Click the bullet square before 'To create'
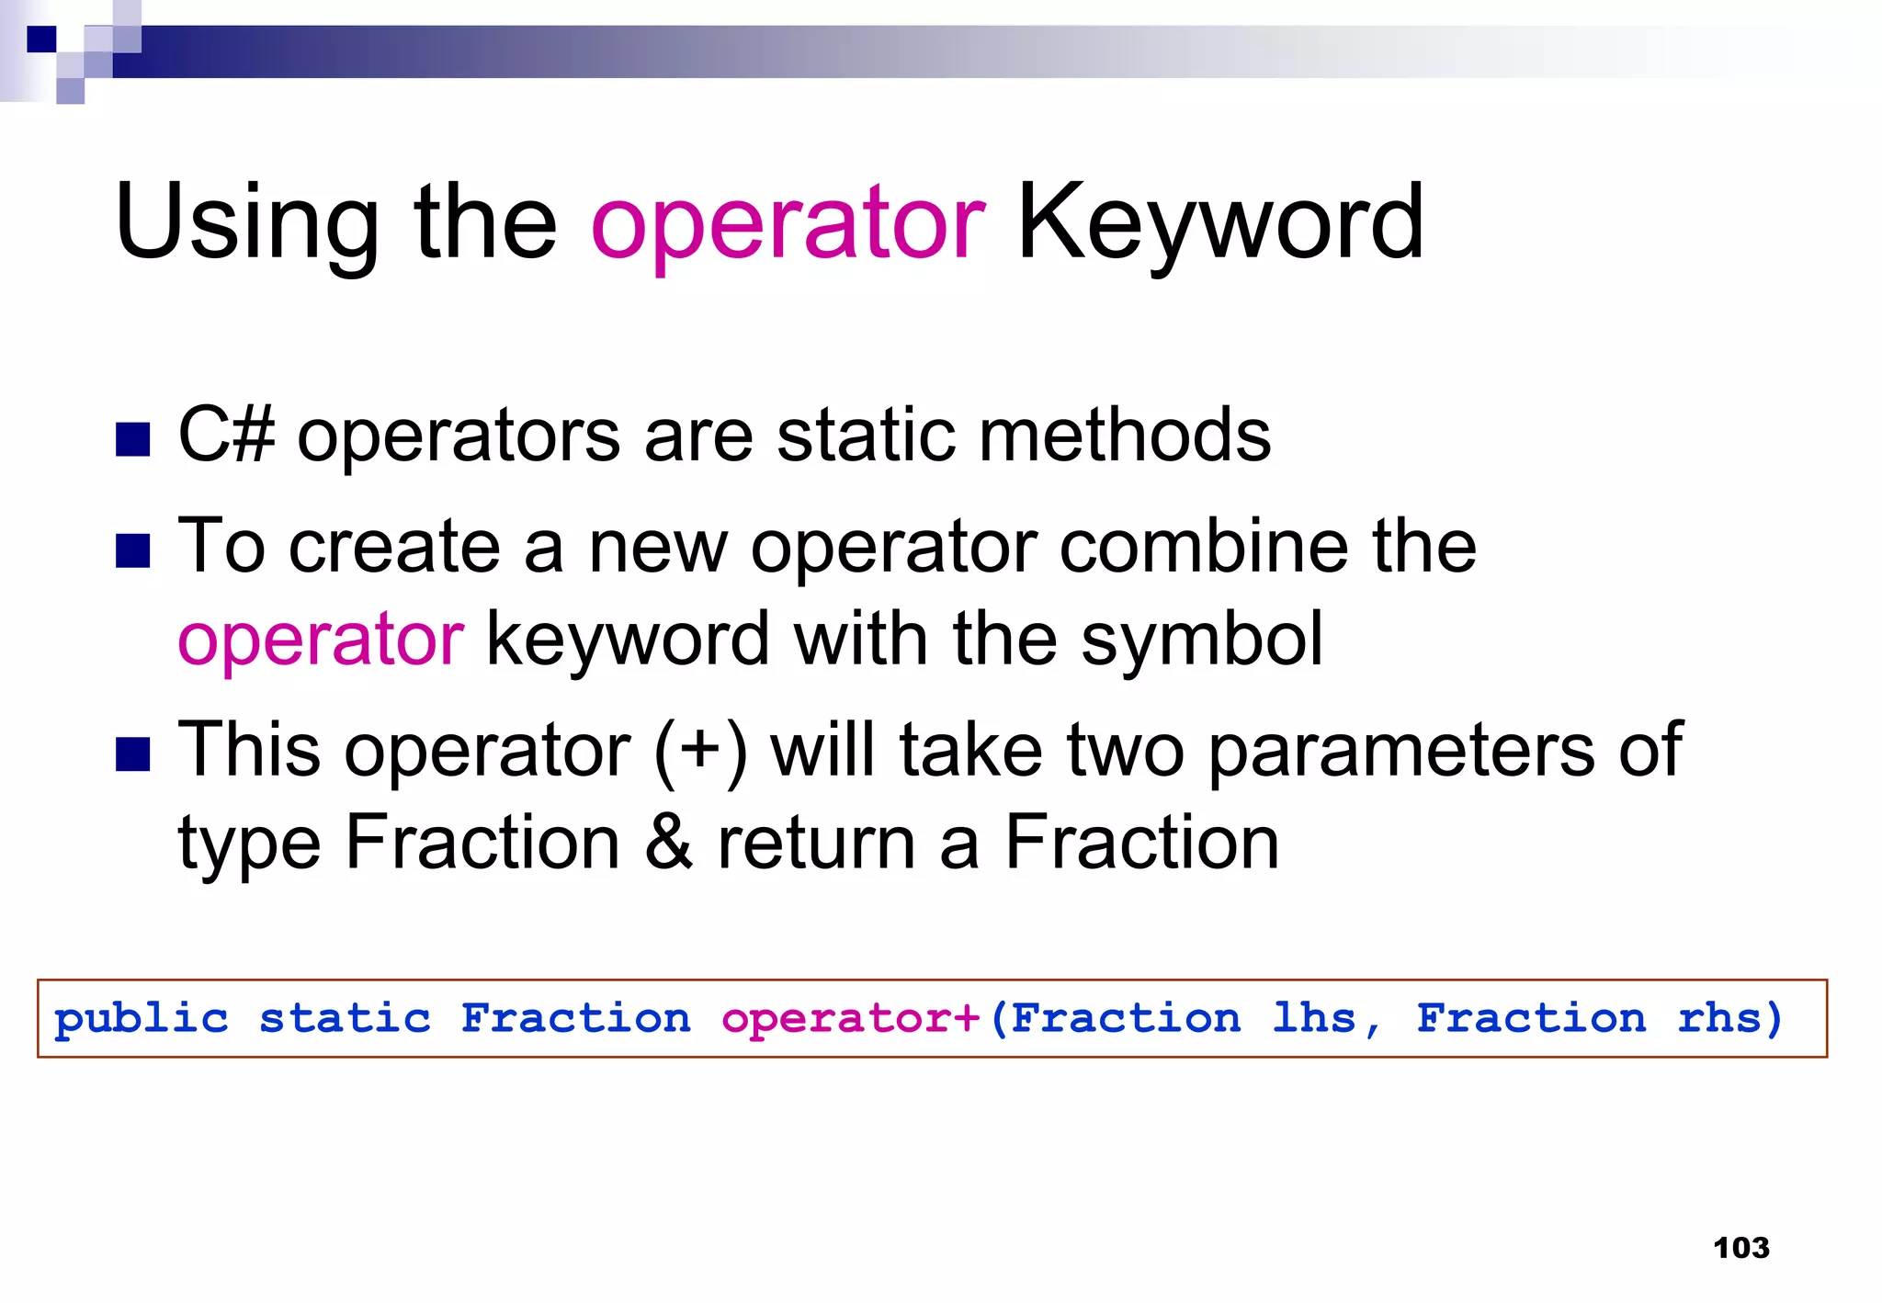point(133,551)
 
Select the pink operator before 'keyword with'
point(321,640)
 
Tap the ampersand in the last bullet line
point(668,844)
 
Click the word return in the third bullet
point(816,844)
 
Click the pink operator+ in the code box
point(851,1019)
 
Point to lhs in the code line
point(1315,1018)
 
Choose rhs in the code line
point(1719,1018)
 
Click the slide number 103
point(1740,1248)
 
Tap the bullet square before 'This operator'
point(133,755)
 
